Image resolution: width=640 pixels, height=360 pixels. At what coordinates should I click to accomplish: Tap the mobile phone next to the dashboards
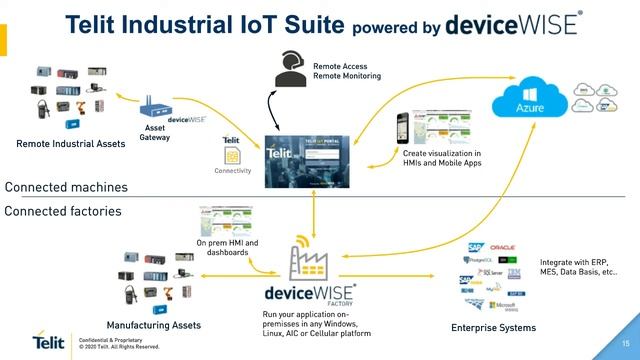(x=404, y=128)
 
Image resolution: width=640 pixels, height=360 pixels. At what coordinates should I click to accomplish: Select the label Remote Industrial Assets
(x=71, y=144)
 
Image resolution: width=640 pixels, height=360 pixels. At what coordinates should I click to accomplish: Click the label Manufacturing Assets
(x=154, y=326)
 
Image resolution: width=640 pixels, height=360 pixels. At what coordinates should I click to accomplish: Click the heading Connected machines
(x=66, y=187)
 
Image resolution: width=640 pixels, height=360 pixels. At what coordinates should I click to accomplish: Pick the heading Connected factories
(x=64, y=211)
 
